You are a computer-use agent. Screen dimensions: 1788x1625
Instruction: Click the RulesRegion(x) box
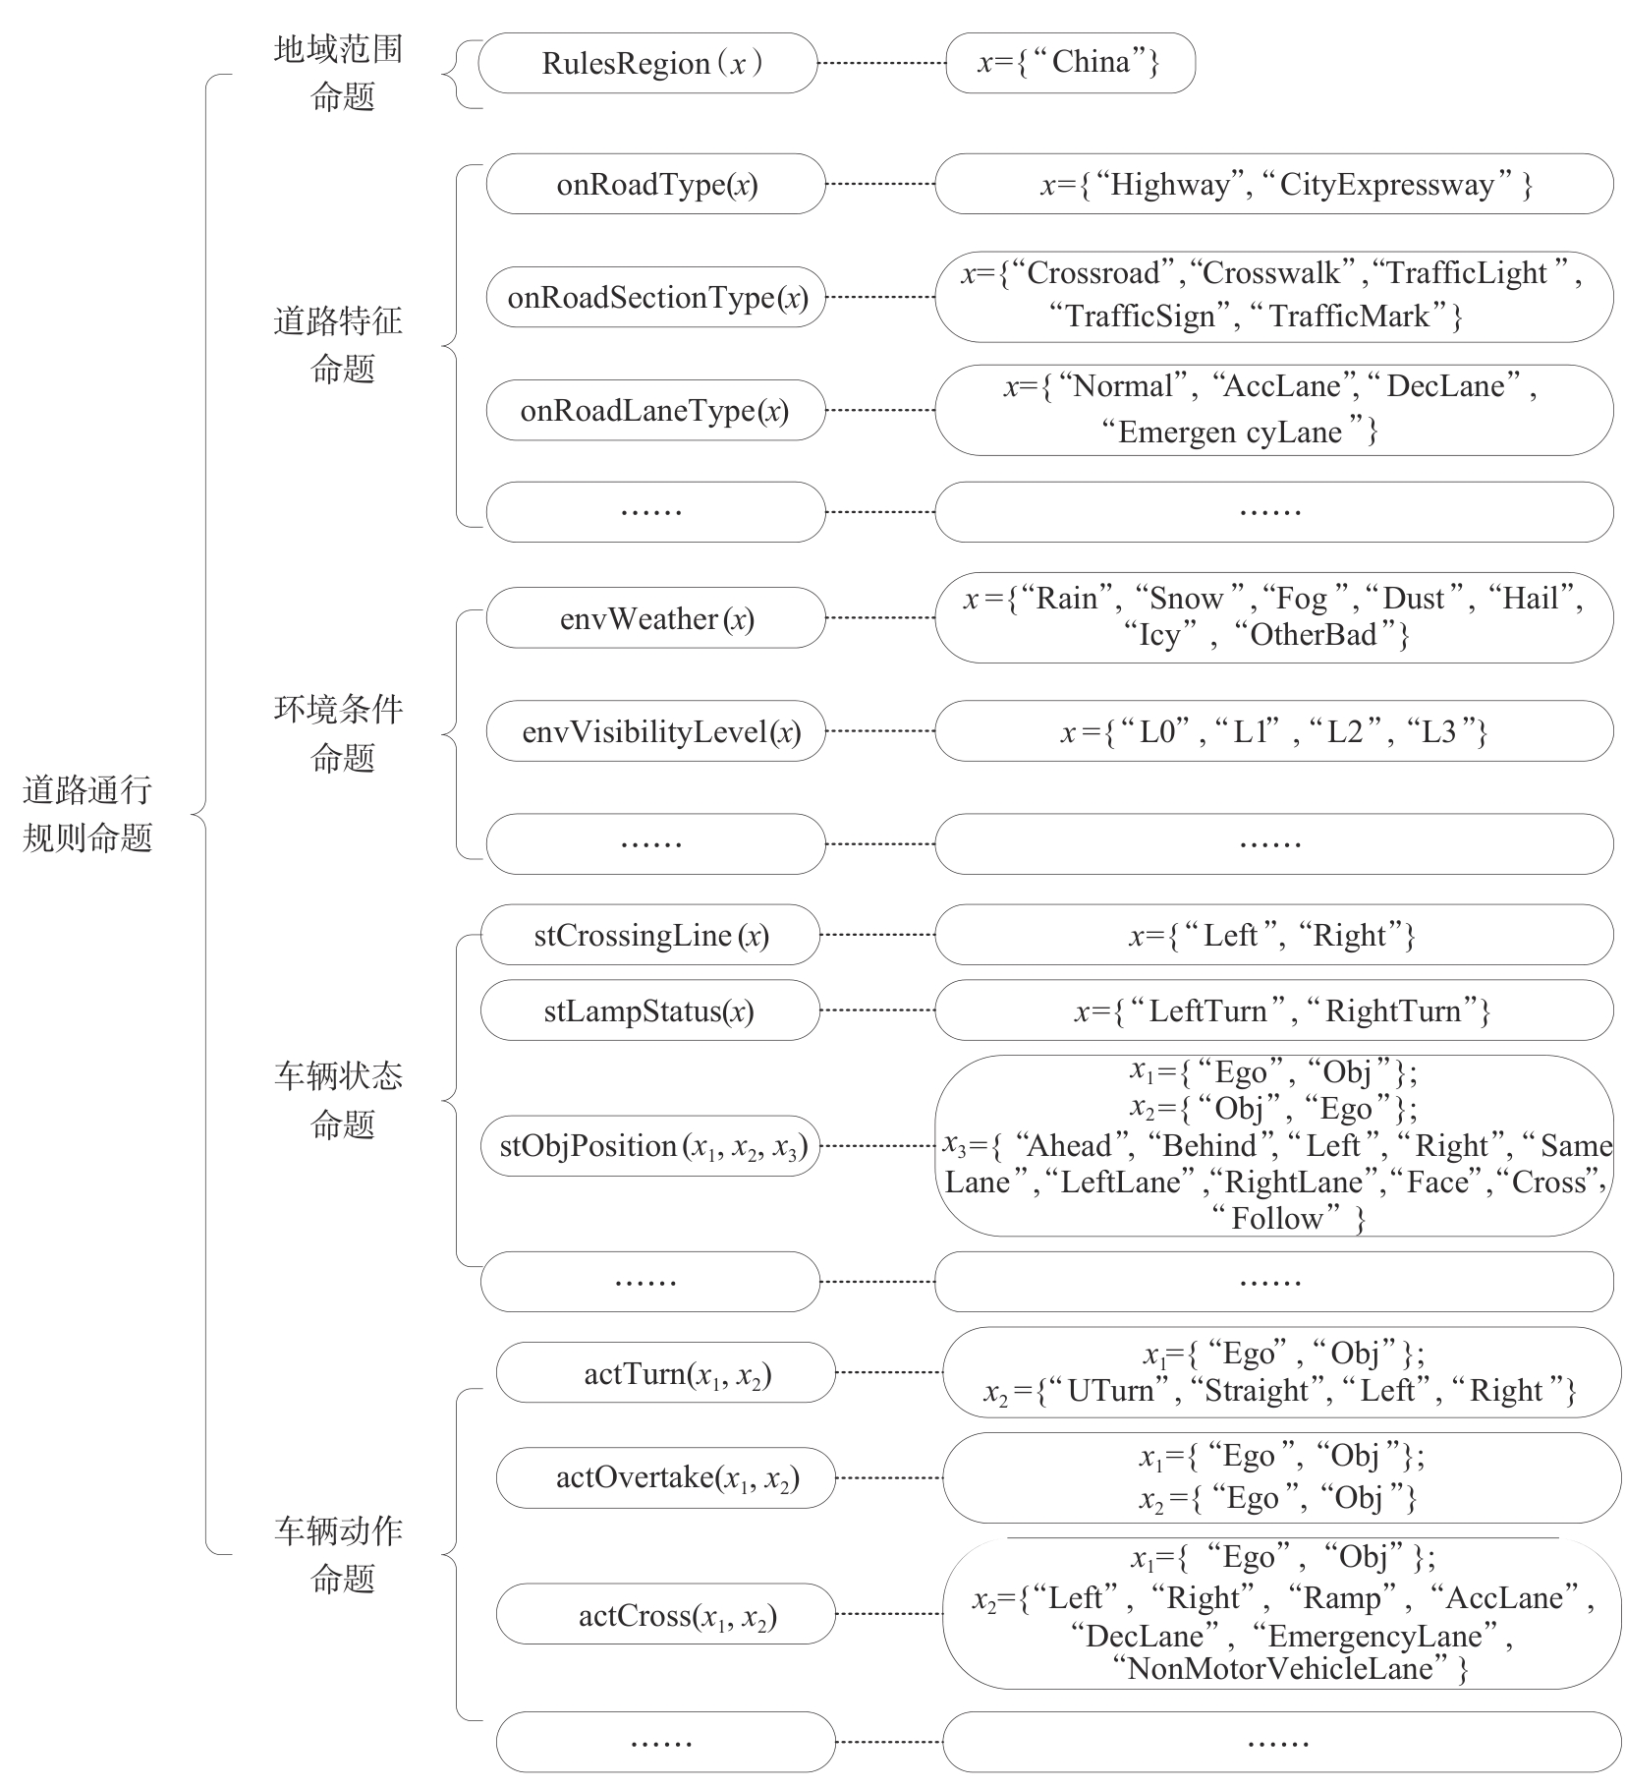(646, 64)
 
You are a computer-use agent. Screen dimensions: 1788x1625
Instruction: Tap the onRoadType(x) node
(655, 185)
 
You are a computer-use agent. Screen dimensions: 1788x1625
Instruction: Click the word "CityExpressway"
(1385, 185)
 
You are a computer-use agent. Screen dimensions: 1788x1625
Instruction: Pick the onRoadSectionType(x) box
(655, 298)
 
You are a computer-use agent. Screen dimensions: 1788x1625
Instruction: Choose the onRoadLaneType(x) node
(655, 411)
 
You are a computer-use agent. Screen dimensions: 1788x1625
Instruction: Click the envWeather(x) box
(655, 619)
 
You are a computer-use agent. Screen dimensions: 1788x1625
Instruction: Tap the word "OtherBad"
(1313, 636)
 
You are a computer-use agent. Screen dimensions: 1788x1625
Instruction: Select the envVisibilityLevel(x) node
(655, 732)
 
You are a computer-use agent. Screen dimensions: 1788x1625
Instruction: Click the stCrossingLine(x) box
(649, 936)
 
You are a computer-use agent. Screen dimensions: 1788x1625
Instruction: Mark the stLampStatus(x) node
(649, 1011)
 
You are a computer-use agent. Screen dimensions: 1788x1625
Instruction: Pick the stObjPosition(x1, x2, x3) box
(649, 1147)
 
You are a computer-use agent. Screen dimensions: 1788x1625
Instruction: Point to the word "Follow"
(1275, 1220)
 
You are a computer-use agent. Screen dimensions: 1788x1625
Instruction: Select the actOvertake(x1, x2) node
(665, 1478)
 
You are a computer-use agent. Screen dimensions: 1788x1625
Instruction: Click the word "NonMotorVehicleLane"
(1280, 1669)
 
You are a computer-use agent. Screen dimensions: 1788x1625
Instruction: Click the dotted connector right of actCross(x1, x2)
(888, 1615)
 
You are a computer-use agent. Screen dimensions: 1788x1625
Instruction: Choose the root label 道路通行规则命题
(87, 814)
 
